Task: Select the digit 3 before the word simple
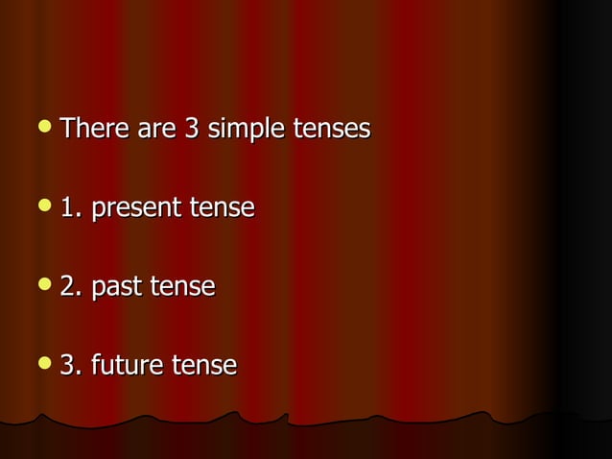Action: [x=192, y=128]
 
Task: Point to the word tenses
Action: [x=332, y=128]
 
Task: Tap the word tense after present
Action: [x=223, y=207]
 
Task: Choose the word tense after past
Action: [x=182, y=286]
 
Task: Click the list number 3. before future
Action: [x=71, y=366]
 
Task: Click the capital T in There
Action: [x=67, y=128]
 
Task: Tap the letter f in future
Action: [x=95, y=365]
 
